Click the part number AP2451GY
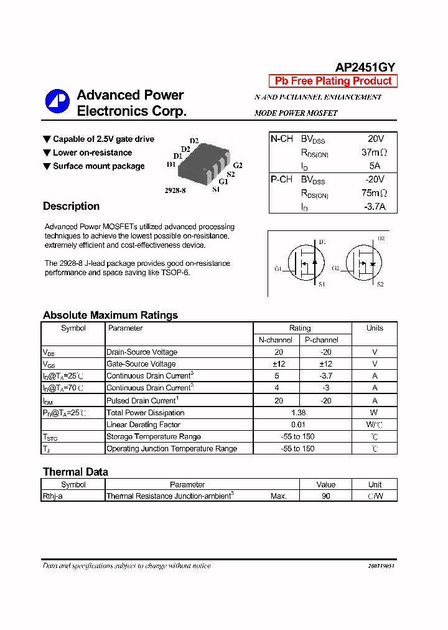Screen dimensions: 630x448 coord(365,68)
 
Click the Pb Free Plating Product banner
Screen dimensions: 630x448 coord(333,81)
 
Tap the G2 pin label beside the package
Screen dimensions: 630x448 coord(238,166)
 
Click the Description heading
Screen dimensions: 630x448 coord(71,206)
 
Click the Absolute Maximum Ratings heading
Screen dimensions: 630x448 coord(110,315)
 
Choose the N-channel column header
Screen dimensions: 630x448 coord(276,340)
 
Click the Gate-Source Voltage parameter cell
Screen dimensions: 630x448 coord(141,364)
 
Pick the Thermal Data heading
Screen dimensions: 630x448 coord(75,472)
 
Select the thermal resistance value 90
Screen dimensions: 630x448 coord(325,496)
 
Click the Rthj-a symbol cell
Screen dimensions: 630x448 coord(53,496)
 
